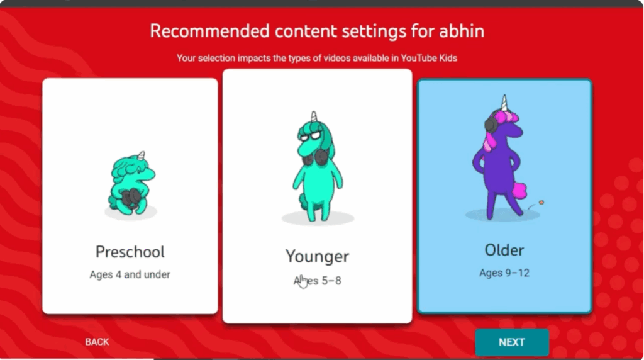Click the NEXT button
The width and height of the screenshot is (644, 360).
[511, 342]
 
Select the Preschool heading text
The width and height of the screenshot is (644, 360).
[130, 252]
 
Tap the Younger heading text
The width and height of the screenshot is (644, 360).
[317, 256]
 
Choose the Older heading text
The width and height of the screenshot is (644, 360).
[504, 250]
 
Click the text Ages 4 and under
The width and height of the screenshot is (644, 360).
[130, 274]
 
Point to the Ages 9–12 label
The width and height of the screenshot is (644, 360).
[504, 273]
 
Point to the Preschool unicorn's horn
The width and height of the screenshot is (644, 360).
[142, 155]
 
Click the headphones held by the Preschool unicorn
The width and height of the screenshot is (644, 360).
[131, 198]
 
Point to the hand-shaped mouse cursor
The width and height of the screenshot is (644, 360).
[303, 281]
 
